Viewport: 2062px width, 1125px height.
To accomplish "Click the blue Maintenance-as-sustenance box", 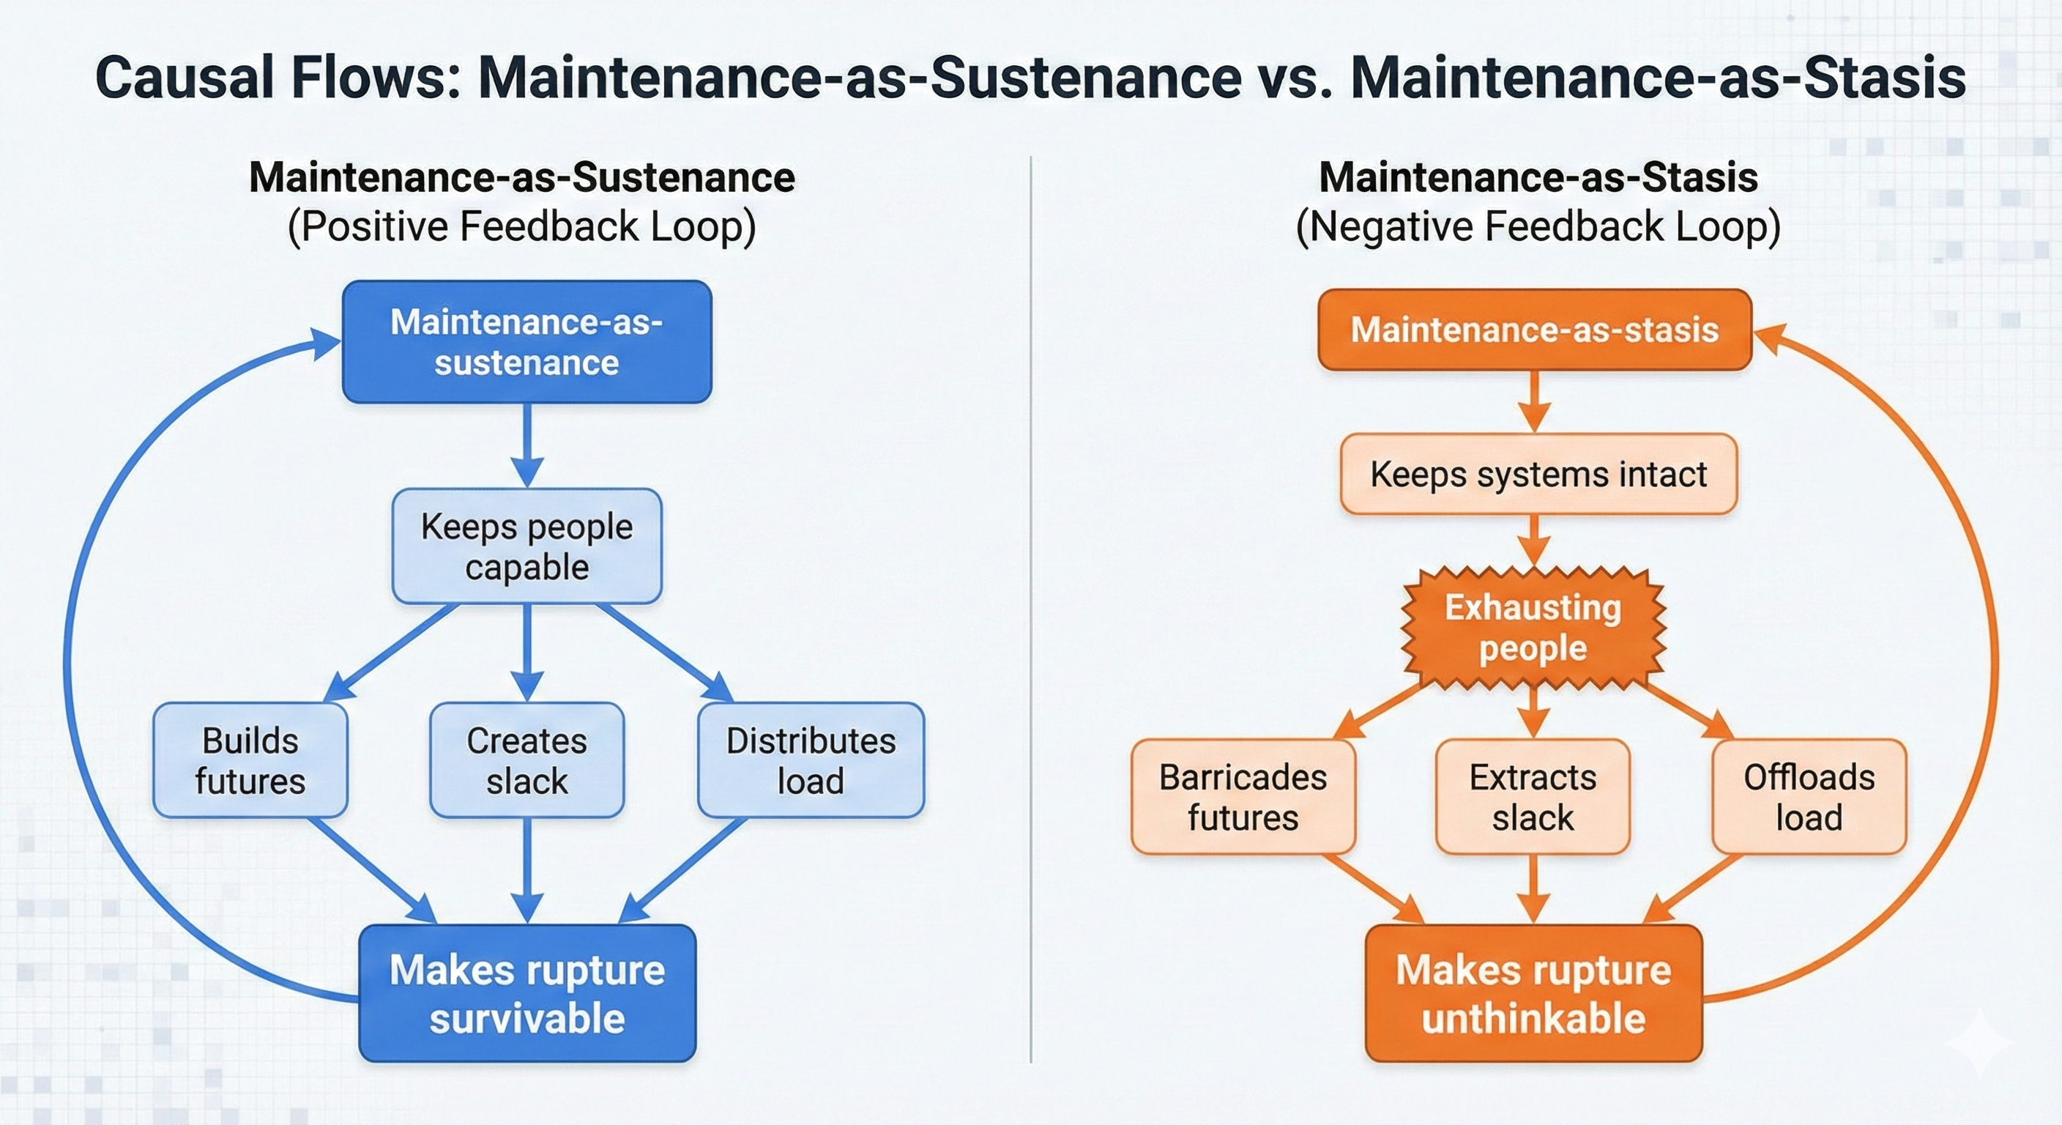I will [x=526, y=342].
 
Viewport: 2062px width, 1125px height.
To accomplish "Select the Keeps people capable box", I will [x=526, y=546].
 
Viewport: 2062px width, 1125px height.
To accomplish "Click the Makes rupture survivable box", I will [x=526, y=993].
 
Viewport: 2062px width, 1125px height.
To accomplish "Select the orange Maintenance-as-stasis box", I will [x=1534, y=330].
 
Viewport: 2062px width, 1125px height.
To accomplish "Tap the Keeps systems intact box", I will [x=1538, y=474].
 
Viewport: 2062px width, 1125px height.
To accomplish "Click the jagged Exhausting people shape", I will [x=1533, y=628].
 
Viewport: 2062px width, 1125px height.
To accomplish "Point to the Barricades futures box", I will [x=1243, y=797].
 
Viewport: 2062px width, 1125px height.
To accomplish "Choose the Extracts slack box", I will [x=1532, y=797].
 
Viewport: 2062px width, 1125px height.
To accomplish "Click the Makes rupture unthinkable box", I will [x=1533, y=993].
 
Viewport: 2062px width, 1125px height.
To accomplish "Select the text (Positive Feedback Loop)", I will [x=521, y=226].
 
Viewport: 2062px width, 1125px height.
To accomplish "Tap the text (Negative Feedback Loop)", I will [x=1538, y=226].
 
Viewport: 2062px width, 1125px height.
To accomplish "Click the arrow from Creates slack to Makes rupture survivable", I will [x=526, y=871].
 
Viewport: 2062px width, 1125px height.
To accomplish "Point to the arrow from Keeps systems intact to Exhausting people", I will [x=1534, y=541].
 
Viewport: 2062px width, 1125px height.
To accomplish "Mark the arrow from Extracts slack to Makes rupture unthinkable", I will [x=1533, y=888].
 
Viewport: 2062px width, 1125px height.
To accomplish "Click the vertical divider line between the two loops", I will [x=1031, y=609].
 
